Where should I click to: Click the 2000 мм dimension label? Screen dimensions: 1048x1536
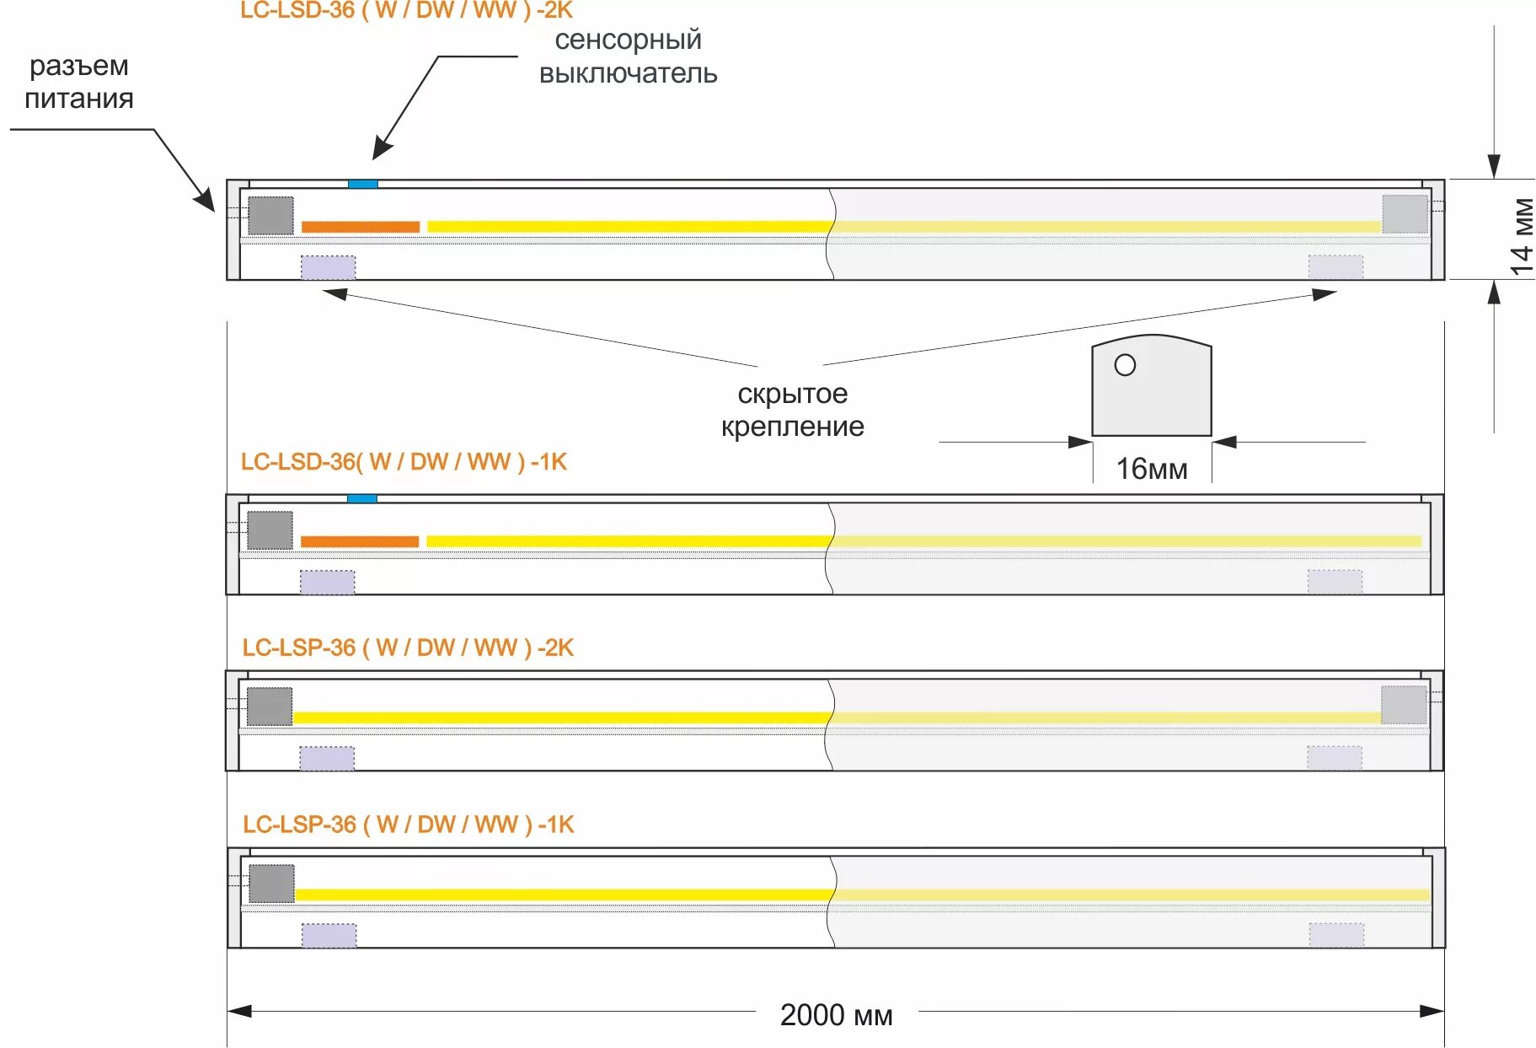click(x=836, y=1014)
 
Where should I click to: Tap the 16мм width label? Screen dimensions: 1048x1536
click(x=1151, y=469)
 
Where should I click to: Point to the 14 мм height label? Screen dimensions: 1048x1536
click(x=1522, y=237)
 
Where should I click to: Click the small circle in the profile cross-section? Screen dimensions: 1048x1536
click(x=1125, y=365)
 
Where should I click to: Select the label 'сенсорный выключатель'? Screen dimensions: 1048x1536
click(x=628, y=56)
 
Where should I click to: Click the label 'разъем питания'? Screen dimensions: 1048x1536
click(x=78, y=82)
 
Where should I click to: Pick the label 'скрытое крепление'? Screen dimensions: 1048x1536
click(x=792, y=410)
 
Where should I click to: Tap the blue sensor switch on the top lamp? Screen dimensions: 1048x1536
click(x=363, y=184)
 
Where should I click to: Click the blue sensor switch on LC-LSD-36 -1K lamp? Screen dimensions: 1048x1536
click(x=362, y=499)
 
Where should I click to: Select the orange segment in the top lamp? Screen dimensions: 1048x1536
click(x=361, y=227)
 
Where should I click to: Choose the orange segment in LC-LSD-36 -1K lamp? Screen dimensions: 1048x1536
click(x=360, y=541)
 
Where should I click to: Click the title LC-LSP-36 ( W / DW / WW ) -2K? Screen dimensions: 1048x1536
click(x=408, y=648)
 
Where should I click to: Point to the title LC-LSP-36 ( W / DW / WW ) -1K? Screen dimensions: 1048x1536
click(x=409, y=825)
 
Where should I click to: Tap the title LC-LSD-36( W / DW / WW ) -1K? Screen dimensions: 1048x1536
click(x=404, y=462)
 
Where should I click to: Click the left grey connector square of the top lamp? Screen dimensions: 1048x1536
click(x=270, y=216)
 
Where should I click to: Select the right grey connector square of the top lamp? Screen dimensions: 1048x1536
click(x=1405, y=214)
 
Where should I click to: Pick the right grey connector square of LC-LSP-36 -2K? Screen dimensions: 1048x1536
click(x=1404, y=705)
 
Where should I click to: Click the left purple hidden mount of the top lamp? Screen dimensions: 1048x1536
click(x=328, y=267)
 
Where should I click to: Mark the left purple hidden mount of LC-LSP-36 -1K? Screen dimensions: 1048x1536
click(x=329, y=935)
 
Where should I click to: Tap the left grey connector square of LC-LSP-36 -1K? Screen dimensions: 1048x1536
click(x=271, y=884)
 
